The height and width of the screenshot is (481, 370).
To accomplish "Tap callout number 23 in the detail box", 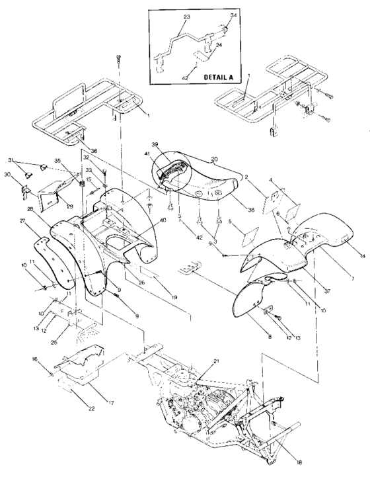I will point(168,16).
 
